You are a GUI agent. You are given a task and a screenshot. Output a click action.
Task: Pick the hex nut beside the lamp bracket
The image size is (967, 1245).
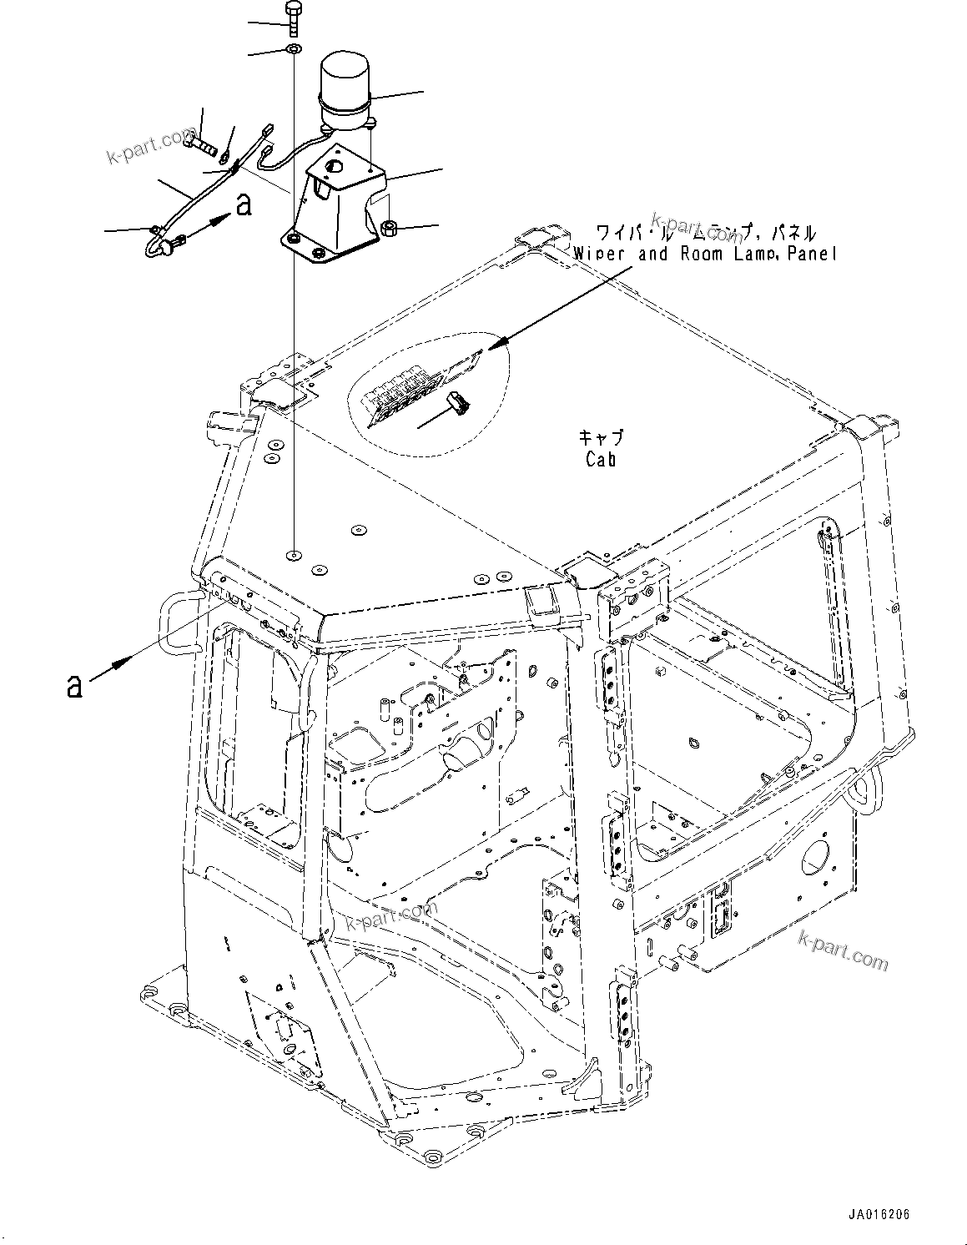pos(388,227)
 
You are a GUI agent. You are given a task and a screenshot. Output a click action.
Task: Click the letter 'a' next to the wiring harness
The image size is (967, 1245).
pos(243,204)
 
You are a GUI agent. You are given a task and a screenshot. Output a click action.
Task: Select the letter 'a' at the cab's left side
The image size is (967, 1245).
pos(75,685)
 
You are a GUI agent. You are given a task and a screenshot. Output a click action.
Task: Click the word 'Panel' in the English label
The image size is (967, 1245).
pos(808,254)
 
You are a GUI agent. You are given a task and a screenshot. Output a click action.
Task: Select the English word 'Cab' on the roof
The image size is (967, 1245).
pos(600,459)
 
